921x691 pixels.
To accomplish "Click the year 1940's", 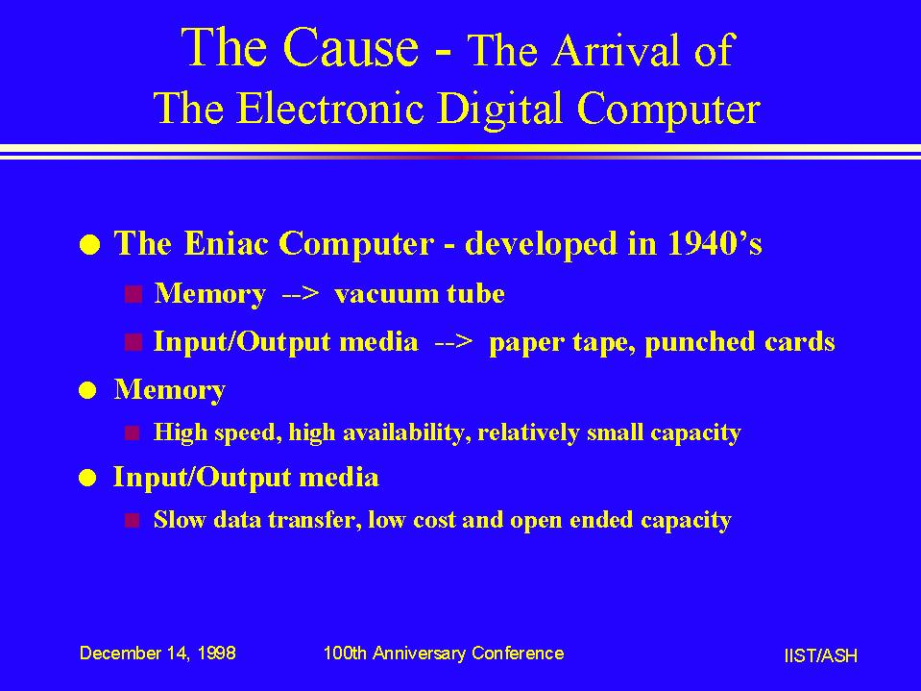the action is point(715,243).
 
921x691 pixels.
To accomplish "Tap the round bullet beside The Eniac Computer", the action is point(89,244).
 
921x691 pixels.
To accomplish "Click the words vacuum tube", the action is point(420,293).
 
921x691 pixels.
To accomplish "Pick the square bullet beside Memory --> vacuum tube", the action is point(133,294).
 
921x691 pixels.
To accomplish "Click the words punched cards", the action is point(740,342).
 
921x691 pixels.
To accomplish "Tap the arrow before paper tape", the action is point(453,342).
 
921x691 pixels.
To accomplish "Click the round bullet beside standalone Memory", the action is point(87,390).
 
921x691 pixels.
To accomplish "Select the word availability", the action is point(406,432).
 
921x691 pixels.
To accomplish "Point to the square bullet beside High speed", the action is point(133,433).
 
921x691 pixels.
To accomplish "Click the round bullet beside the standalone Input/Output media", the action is point(87,479).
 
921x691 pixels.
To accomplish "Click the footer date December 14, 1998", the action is point(158,653).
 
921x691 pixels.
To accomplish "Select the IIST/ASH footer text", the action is point(820,655).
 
